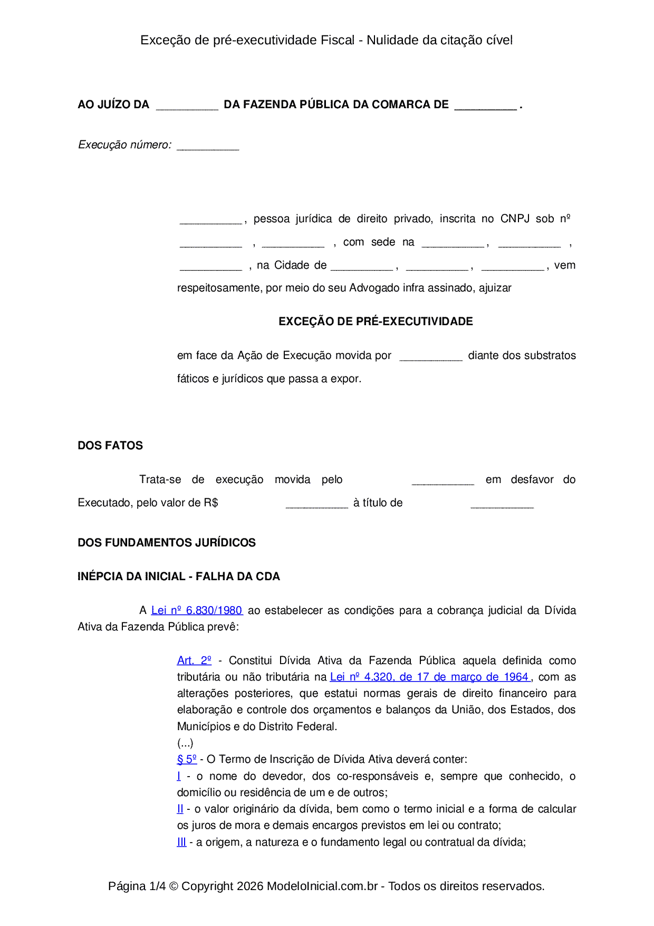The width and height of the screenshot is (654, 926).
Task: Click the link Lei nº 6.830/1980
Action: click(x=196, y=610)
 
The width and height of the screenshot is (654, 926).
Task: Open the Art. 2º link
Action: click(x=194, y=660)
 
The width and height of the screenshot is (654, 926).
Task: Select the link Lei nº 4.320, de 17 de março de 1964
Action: click(x=430, y=677)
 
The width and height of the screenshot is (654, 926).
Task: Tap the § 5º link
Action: click(x=187, y=759)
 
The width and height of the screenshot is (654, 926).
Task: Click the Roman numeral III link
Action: click(x=181, y=842)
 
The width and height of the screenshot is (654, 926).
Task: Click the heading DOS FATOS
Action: click(x=110, y=446)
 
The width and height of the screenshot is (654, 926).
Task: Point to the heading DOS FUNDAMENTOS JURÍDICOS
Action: click(x=167, y=543)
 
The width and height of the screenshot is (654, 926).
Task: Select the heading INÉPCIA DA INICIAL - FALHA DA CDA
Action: click(x=179, y=577)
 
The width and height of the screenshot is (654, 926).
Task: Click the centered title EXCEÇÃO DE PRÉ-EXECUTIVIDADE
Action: click(x=376, y=322)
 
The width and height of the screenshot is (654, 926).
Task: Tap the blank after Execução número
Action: click(x=208, y=146)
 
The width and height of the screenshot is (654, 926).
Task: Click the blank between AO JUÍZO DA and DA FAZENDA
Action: click(x=187, y=106)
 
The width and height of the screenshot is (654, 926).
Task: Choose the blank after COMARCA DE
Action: click(x=485, y=106)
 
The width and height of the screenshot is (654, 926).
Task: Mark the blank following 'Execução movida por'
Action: click(x=430, y=356)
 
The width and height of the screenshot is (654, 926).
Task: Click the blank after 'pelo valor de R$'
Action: click(x=316, y=504)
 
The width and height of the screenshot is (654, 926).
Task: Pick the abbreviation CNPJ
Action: click(x=515, y=219)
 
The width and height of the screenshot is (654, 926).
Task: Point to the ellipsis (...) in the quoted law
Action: click(x=185, y=743)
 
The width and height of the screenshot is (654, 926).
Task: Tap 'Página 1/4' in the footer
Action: click(x=137, y=886)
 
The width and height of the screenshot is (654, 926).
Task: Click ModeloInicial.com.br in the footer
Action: click(x=322, y=886)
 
